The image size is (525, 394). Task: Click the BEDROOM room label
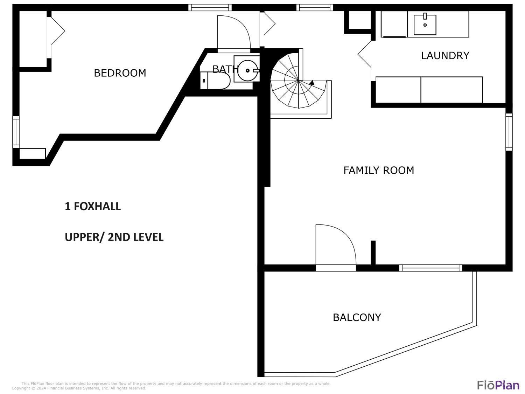pyautogui.click(x=120, y=73)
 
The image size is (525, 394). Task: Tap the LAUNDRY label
pyautogui.click(x=445, y=55)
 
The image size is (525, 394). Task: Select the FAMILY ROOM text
pyautogui.click(x=379, y=170)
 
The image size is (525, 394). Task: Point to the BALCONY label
pyautogui.click(x=357, y=317)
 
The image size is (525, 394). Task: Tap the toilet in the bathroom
pyautogui.click(x=215, y=81)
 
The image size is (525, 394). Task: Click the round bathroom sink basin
pyautogui.click(x=247, y=70)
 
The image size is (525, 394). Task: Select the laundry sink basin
pyautogui.click(x=425, y=25)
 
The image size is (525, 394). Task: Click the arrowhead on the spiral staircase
pyautogui.click(x=311, y=83)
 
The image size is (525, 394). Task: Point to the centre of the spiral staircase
pyautogui.click(x=299, y=80)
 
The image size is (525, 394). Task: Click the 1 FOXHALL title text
pyautogui.click(x=93, y=206)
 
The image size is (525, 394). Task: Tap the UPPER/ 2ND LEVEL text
pyautogui.click(x=114, y=237)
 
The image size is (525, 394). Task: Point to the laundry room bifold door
pyautogui.click(x=364, y=54)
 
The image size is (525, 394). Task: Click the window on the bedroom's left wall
pyautogui.click(x=16, y=132)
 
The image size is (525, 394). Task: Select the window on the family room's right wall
pyautogui.click(x=509, y=132)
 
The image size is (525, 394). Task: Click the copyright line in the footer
pyautogui.click(x=79, y=388)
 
